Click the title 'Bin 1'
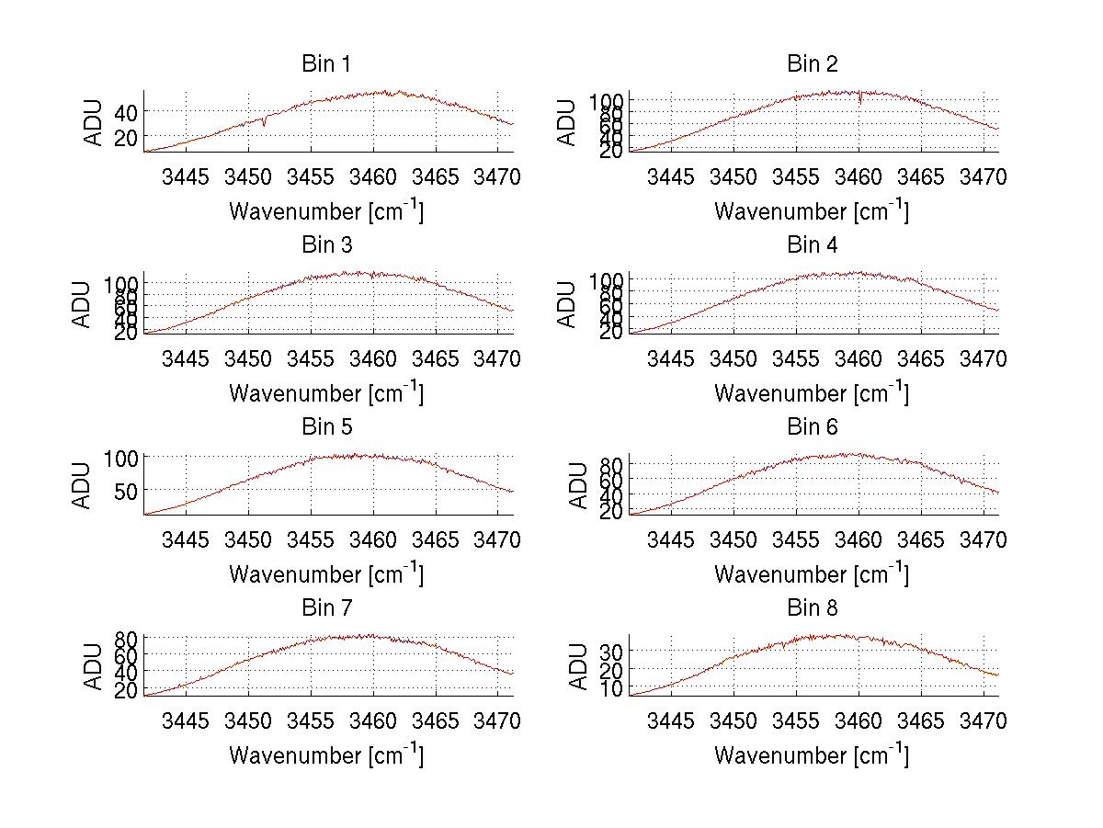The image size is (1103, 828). pyautogui.click(x=326, y=64)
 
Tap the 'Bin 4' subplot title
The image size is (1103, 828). pyautogui.click(x=813, y=245)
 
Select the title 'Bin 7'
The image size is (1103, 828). pyautogui.click(x=326, y=608)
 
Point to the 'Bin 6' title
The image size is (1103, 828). pyautogui.click(x=813, y=427)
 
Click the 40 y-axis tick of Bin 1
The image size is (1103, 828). pyautogui.click(x=125, y=111)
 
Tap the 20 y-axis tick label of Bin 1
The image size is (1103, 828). pyautogui.click(x=125, y=136)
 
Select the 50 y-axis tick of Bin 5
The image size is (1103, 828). pyautogui.click(x=125, y=490)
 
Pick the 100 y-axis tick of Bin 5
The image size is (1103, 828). pyautogui.click(x=119, y=457)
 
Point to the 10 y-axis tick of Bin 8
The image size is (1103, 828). pyautogui.click(x=610, y=687)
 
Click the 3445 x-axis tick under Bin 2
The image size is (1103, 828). pyautogui.click(x=671, y=176)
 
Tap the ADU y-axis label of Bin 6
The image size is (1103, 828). pyautogui.click(x=579, y=485)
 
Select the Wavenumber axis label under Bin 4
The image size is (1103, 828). pyautogui.click(x=812, y=392)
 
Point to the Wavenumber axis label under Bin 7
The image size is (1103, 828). pyautogui.click(x=326, y=755)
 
